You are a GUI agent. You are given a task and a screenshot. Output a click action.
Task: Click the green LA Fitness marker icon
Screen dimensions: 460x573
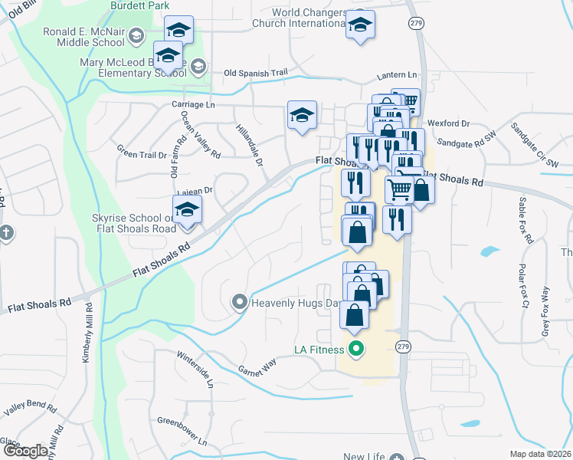[355, 350]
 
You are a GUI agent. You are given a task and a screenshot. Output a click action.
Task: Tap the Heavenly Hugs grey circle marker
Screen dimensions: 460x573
[240, 304]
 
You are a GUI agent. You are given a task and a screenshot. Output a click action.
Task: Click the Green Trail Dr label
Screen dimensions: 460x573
[141, 154]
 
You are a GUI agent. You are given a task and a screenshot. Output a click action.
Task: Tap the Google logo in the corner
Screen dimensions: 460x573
[25, 451]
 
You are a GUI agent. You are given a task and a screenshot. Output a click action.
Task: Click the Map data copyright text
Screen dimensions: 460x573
[540, 454]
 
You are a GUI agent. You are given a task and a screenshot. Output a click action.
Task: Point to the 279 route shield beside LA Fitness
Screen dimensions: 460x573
[403, 347]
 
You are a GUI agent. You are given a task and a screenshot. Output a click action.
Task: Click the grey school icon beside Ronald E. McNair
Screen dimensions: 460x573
[136, 35]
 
